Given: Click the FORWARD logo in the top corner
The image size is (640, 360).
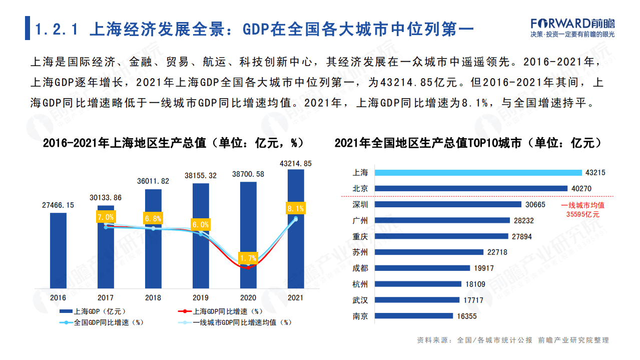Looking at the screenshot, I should [x=572, y=23].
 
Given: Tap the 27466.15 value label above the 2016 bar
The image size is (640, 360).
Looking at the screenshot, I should [x=58, y=205].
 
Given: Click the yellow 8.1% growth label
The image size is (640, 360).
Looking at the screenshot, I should [x=296, y=208].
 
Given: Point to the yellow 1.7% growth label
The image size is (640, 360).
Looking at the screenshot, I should [x=248, y=258].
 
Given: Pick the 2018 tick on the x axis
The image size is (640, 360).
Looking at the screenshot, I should [x=153, y=297].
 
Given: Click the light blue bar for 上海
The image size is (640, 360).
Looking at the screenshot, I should [x=478, y=172].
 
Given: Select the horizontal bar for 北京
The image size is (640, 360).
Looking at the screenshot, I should [x=471, y=188].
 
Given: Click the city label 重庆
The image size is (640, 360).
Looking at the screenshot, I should [x=360, y=236].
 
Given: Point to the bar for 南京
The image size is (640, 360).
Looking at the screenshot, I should [x=414, y=316].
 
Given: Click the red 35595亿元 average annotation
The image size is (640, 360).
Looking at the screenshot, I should [x=582, y=214].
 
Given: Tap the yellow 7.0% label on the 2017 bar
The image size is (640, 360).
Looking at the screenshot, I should [x=106, y=217].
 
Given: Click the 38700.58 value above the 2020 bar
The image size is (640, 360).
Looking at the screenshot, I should [x=248, y=174].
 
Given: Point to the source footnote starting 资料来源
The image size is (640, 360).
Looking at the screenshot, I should [x=513, y=340].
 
